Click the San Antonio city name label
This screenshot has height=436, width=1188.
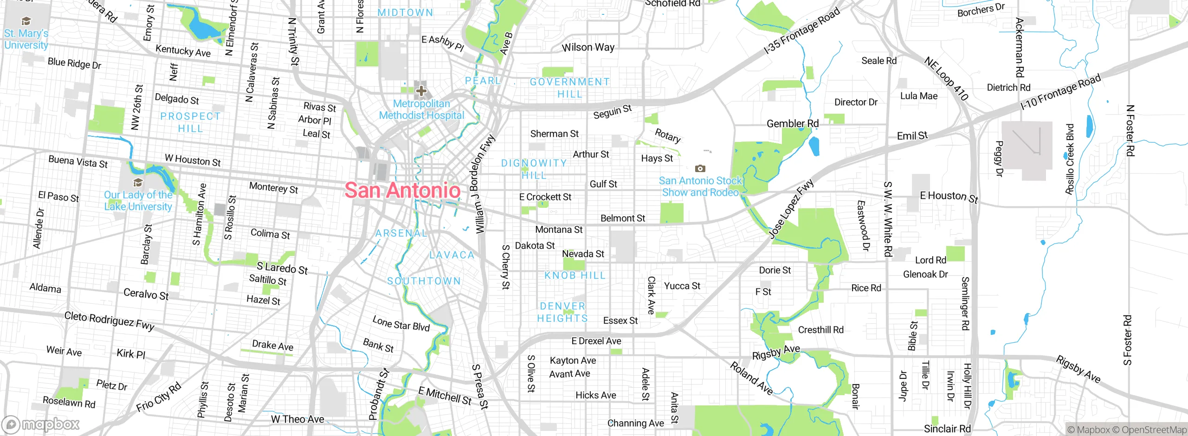(x=402, y=190)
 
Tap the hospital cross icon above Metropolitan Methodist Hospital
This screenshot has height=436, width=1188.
(x=421, y=90)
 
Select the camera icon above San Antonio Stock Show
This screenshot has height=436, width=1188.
(x=700, y=168)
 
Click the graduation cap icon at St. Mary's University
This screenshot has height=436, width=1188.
(x=26, y=21)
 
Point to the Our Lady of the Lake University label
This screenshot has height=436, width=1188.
(x=138, y=201)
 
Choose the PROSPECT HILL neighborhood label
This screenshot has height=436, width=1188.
(x=190, y=122)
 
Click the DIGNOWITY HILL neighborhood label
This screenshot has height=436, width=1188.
(x=534, y=169)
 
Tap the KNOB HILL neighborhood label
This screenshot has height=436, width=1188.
(x=575, y=276)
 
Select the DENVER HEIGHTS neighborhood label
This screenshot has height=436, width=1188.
(x=562, y=312)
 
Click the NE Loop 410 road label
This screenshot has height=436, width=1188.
(x=946, y=78)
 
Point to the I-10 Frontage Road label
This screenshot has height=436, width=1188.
(x=1060, y=92)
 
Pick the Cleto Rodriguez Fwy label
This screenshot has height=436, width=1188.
(x=110, y=321)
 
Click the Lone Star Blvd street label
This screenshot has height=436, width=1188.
(x=401, y=323)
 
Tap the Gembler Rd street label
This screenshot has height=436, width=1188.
(x=792, y=123)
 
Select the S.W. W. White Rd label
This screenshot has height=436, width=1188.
(x=887, y=219)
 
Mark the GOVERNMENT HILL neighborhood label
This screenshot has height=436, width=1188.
(x=570, y=88)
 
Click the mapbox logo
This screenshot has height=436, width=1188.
(x=41, y=424)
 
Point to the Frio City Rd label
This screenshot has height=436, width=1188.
(x=159, y=398)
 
